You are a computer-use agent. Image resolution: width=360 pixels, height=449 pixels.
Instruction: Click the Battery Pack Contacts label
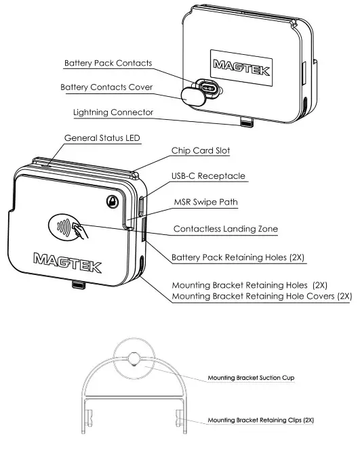[108, 63]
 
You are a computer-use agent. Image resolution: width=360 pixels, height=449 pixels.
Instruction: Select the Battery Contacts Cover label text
[106, 87]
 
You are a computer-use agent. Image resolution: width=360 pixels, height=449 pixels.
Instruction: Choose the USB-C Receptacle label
[207, 176]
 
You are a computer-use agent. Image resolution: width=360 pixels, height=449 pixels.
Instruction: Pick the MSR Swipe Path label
[207, 201]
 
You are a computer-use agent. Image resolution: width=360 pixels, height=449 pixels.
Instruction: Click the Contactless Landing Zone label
[230, 229]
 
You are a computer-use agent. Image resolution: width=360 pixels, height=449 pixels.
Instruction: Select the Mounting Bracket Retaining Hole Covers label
[262, 297]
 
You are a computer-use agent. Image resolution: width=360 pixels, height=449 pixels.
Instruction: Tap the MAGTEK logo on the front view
[68, 259]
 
